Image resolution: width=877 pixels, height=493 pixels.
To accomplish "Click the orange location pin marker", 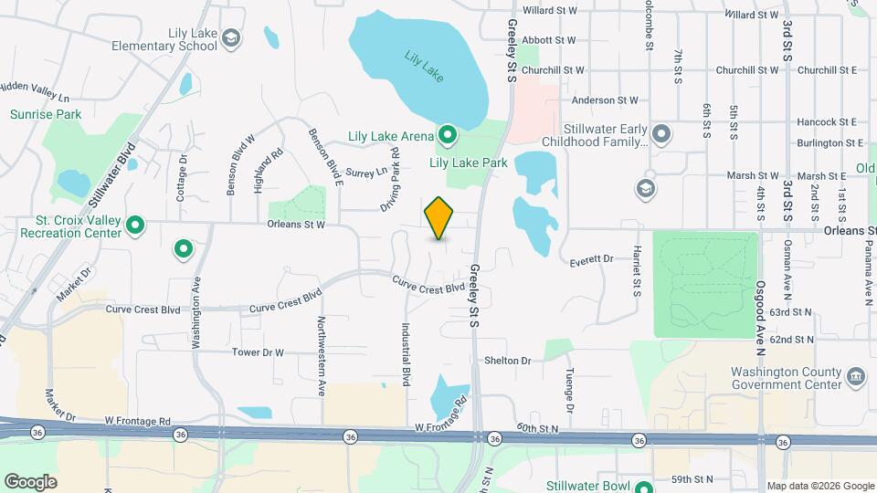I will [x=439, y=218].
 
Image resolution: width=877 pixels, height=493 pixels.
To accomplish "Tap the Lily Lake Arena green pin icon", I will [x=447, y=136].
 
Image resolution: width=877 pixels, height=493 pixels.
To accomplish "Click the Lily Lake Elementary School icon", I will [x=232, y=38].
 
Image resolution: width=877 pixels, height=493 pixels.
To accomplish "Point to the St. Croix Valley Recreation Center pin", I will [x=135, y=224].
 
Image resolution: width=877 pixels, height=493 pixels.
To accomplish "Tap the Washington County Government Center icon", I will [x=856, y=375].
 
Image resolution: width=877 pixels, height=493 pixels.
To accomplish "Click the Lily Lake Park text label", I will [x=468, y=163].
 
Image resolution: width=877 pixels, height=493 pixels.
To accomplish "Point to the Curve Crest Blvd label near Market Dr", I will [x=143, y=309].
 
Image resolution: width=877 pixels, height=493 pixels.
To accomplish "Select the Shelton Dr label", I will [x=508, y=361].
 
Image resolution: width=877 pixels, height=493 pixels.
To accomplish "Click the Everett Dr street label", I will [x=591, y=259].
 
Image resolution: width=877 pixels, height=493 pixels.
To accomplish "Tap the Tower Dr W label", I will [x=259, y=352].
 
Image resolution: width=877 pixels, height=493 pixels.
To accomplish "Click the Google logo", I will [x=30, y=481].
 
